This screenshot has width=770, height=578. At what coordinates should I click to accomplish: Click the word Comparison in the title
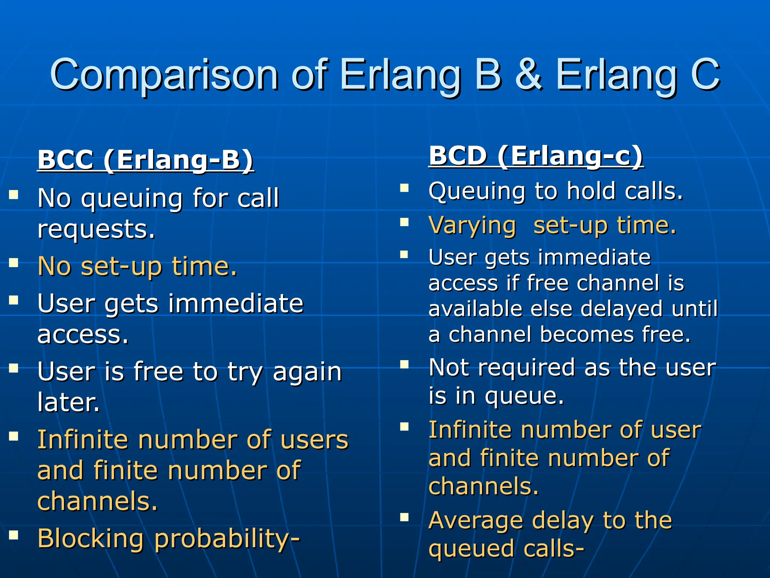(164, 75)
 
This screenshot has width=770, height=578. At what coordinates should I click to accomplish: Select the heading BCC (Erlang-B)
(146, 160)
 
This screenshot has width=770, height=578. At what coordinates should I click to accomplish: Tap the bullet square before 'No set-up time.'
(14, 262)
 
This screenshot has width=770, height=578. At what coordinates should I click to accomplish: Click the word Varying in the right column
(472, 226)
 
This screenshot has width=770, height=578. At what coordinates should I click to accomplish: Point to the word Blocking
(91, 538)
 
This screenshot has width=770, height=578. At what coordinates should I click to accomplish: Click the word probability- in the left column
(227, 539)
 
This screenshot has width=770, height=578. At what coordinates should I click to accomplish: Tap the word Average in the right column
(476, 521)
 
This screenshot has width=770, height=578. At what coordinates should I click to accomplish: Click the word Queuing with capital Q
(476, 192)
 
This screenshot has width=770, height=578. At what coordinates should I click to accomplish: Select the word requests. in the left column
(96, 229)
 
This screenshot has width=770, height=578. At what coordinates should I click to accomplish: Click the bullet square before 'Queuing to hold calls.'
(405, 188)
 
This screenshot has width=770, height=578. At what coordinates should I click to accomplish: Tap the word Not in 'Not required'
(449, 367)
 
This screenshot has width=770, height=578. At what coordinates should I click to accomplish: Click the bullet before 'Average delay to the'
(405, 517)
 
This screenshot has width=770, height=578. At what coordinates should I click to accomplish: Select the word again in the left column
(307, 372)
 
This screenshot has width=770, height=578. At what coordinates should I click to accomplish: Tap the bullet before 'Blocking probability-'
(14, 535)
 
